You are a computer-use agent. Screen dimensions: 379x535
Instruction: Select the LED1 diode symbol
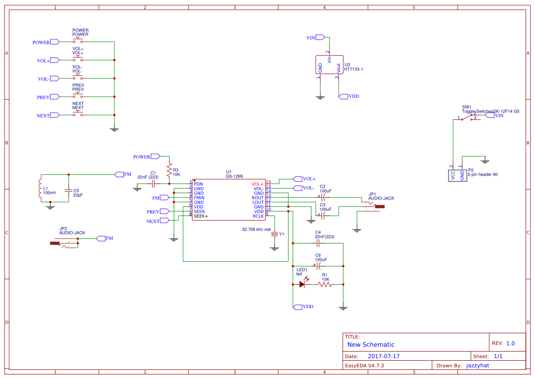coord(302,284)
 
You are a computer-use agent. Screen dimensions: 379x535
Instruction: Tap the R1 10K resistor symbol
coord(325,284)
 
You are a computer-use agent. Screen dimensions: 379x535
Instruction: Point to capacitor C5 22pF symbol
coord(69,190)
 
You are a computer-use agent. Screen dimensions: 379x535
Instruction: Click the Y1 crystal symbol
coord(275,234)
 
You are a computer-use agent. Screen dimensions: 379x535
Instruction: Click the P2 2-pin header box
coord(457,175)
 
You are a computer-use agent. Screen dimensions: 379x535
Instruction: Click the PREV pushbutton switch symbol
coord(78,97)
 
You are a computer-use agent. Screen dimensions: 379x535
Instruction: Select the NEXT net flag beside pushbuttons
coord(54,116)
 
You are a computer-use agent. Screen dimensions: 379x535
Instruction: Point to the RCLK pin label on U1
coord(258,216)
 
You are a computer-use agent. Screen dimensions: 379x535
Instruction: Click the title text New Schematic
coord(371,345)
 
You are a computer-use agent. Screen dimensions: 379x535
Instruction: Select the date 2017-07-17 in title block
coord(384,356)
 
